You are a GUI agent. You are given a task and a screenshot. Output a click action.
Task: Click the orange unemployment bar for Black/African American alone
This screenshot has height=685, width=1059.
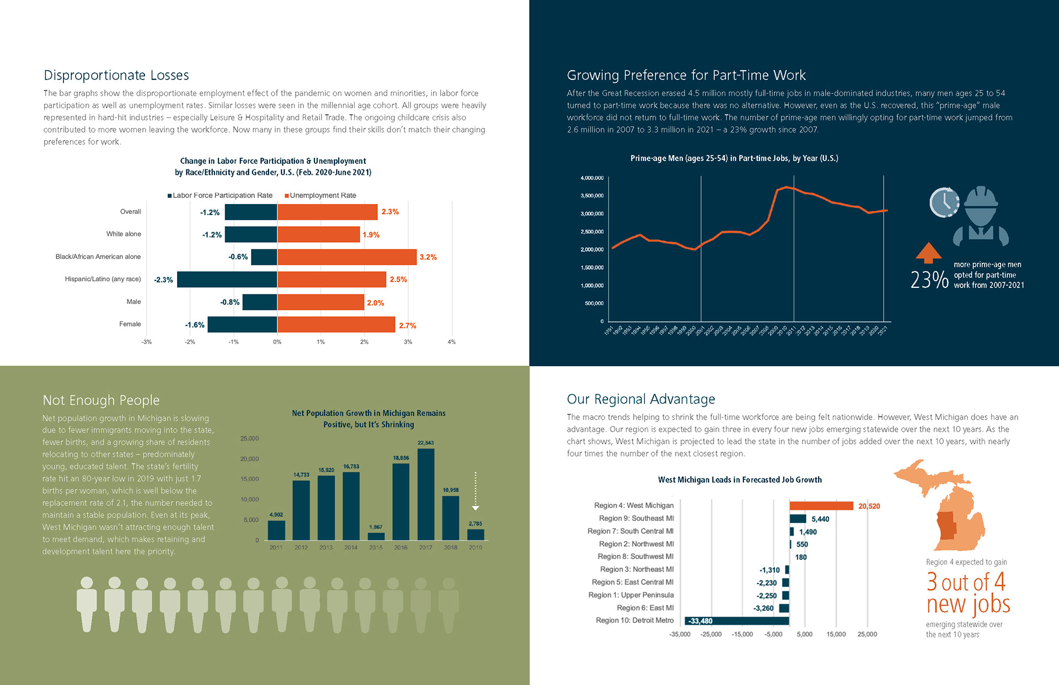347,257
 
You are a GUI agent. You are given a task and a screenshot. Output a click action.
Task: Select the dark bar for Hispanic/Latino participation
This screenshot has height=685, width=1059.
227,280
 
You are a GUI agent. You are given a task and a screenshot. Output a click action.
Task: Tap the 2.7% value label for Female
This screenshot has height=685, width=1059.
408,325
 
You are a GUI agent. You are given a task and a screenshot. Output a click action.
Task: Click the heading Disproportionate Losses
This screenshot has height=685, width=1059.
116,75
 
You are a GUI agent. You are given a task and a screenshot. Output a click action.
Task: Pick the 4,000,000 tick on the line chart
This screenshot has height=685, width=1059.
592,178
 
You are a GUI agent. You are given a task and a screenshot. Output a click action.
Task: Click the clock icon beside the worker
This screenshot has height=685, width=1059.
944,202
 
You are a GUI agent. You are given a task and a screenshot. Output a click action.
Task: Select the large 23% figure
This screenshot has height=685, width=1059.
929,280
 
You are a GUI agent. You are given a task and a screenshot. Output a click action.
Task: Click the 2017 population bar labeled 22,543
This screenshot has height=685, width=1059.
426,494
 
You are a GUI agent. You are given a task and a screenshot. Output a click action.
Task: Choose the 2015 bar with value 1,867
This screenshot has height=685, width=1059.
376,536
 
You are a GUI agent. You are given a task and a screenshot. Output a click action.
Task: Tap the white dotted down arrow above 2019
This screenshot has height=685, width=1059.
475,491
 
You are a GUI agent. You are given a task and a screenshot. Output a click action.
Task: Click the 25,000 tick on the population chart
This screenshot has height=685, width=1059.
249,438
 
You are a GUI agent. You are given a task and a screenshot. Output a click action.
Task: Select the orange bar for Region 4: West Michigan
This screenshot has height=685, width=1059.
821,506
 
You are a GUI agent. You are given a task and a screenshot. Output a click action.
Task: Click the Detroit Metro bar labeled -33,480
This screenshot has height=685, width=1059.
737,621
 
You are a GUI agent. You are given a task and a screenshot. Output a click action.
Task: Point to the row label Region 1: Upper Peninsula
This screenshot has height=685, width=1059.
631,595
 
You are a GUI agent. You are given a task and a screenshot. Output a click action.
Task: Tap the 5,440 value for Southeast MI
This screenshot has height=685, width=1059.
820,519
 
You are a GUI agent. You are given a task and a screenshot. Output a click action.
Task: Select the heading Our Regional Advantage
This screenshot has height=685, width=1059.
641,399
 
